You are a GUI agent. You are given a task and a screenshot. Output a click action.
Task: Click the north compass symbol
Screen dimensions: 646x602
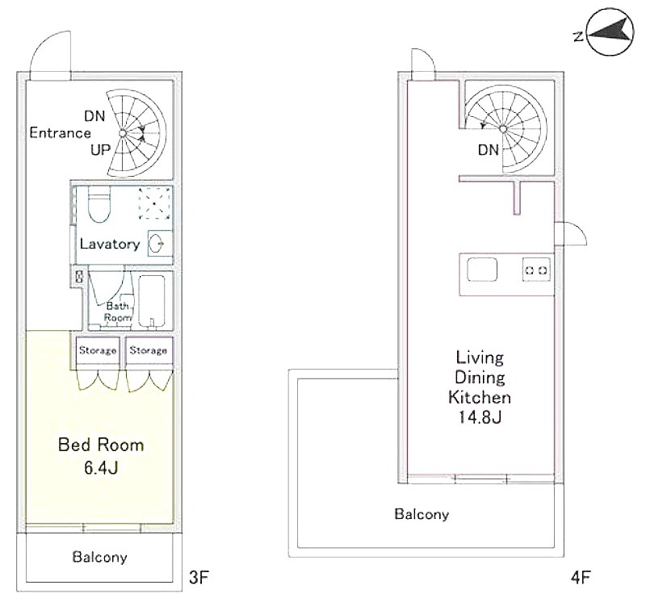click(610, 31)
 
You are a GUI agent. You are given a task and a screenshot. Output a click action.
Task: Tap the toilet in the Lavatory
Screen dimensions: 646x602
click(99, 205)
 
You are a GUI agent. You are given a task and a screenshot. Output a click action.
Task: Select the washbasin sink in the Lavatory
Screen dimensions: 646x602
click(157, 245)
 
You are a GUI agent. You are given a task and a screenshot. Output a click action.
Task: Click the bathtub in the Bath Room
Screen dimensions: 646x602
click(152, 302)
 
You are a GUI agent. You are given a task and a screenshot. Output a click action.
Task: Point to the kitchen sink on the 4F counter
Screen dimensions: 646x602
click(482, 270)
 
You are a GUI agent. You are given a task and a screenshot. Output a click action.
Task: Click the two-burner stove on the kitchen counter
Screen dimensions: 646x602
click(536, 270)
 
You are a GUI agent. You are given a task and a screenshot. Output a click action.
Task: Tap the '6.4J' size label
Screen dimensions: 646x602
click(101, 468)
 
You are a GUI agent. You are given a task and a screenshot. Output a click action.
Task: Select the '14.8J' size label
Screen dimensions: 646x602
click(480, 417)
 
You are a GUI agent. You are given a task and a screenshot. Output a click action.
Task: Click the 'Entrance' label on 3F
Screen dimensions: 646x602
click(60, 133)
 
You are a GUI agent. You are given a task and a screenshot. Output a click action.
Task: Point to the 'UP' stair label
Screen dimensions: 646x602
click(100, 150)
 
